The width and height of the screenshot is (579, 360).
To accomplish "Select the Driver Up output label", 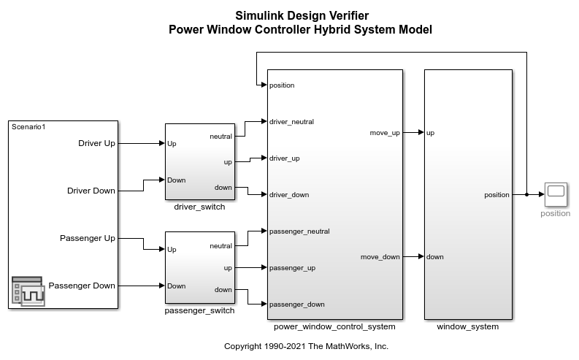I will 96,143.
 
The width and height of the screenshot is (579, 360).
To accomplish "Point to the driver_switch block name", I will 199,207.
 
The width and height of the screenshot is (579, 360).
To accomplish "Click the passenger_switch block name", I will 199,310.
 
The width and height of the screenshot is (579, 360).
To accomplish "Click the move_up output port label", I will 385,133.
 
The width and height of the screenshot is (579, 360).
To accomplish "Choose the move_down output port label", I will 380,257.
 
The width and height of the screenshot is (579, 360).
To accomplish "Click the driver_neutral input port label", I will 291,122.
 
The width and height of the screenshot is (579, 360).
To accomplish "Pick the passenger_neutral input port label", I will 299,231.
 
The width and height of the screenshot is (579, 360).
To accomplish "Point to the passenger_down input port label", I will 296,304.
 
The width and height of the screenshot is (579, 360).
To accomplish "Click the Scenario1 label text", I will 28,127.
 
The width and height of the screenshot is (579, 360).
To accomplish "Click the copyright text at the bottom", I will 306,346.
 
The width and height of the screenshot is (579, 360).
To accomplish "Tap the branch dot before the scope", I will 526,194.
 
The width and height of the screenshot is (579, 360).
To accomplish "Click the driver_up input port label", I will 284,158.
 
